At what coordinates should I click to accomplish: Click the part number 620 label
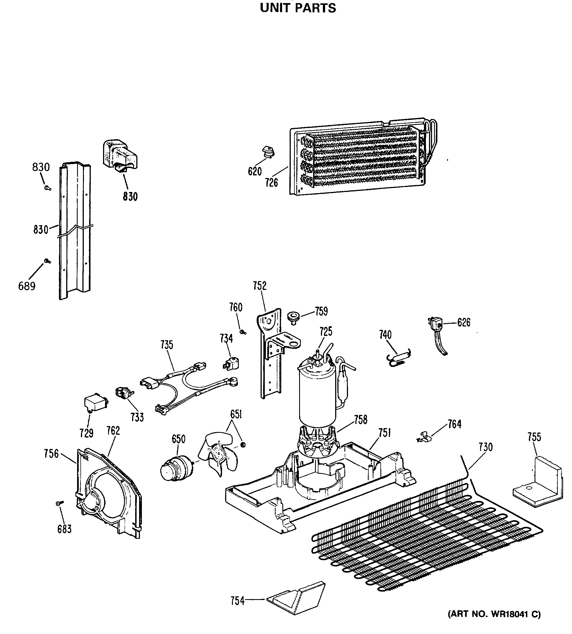254,171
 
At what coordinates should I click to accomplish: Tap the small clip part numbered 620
268,152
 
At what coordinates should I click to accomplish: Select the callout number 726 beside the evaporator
271,182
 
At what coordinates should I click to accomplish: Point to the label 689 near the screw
27,286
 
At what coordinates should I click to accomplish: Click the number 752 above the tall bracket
259,286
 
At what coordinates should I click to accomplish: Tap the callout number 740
385,335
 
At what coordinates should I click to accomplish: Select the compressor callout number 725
326,332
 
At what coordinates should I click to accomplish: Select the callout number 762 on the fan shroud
113,431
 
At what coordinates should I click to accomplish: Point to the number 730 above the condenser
486,447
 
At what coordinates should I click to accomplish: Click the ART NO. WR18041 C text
494,614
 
